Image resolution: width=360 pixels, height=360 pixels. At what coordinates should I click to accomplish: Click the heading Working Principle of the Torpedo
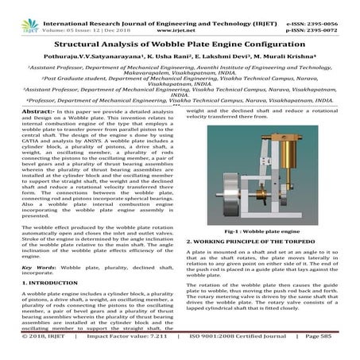250,240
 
